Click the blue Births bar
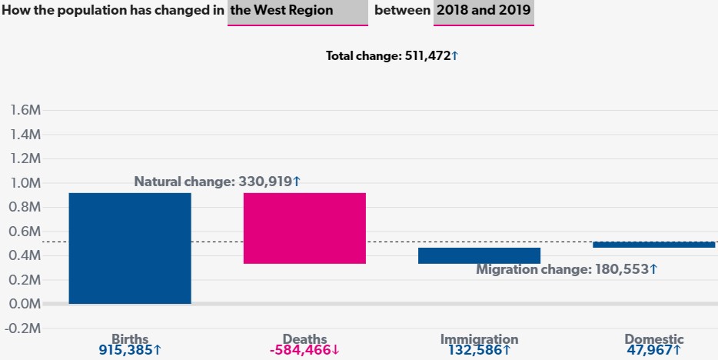130,248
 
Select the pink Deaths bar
304,228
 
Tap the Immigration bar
479,255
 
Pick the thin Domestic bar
654,245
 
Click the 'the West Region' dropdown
298,12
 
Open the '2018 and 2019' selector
484,12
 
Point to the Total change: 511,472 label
392,56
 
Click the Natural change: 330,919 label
218,182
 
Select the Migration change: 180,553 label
567,269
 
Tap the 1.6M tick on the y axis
25,111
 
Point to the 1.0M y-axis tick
25,183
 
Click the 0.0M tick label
25,304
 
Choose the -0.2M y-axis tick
24,328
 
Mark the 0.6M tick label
25,232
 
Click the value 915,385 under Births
130,350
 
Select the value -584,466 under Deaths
304,350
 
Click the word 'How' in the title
16,12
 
